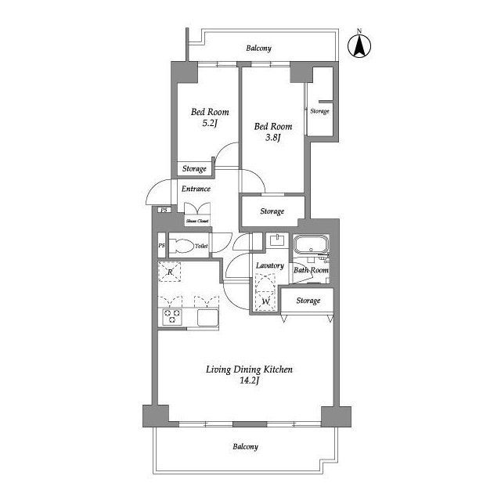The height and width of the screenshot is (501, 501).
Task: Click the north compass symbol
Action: (359, 45)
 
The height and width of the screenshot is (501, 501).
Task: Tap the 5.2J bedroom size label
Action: (210, 124)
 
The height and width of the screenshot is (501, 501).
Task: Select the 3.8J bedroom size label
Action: (273, 138)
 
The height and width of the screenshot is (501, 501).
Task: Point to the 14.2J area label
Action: (249, 380)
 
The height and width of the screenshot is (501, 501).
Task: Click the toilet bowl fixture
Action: (182, 246)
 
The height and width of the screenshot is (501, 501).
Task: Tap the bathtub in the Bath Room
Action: (312, 244)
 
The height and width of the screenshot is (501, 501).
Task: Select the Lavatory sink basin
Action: (277, 240)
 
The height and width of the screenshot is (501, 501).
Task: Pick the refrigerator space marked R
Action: (170, 272)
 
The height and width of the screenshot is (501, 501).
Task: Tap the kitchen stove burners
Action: (172, 316)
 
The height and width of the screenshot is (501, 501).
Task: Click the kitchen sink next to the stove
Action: (207, 318)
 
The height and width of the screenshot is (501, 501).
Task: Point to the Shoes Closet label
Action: (197, 221)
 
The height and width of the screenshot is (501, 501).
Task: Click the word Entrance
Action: (196, 189)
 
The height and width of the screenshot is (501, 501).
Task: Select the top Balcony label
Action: (259, 49)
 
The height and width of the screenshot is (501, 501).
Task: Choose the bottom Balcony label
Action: (245, 447)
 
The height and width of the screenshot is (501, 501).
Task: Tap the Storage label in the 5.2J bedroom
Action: (194, 168)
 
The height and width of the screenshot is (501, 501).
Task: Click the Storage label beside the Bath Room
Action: (308, 301)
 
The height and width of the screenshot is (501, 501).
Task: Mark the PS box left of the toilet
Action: (162, 245)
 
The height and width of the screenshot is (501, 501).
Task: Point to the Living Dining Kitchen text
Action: (249, 369)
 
